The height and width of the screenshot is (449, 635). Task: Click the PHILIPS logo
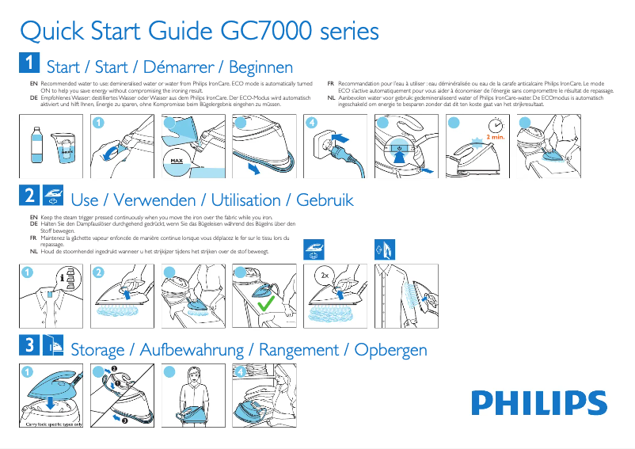coord(539,402)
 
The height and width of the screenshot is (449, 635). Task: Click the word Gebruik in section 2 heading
coord(325,200)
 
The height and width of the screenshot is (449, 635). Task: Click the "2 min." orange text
coord(496,137)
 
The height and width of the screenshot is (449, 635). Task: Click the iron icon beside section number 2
coord(52,196)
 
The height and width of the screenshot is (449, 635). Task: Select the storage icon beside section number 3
coord(52,346)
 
